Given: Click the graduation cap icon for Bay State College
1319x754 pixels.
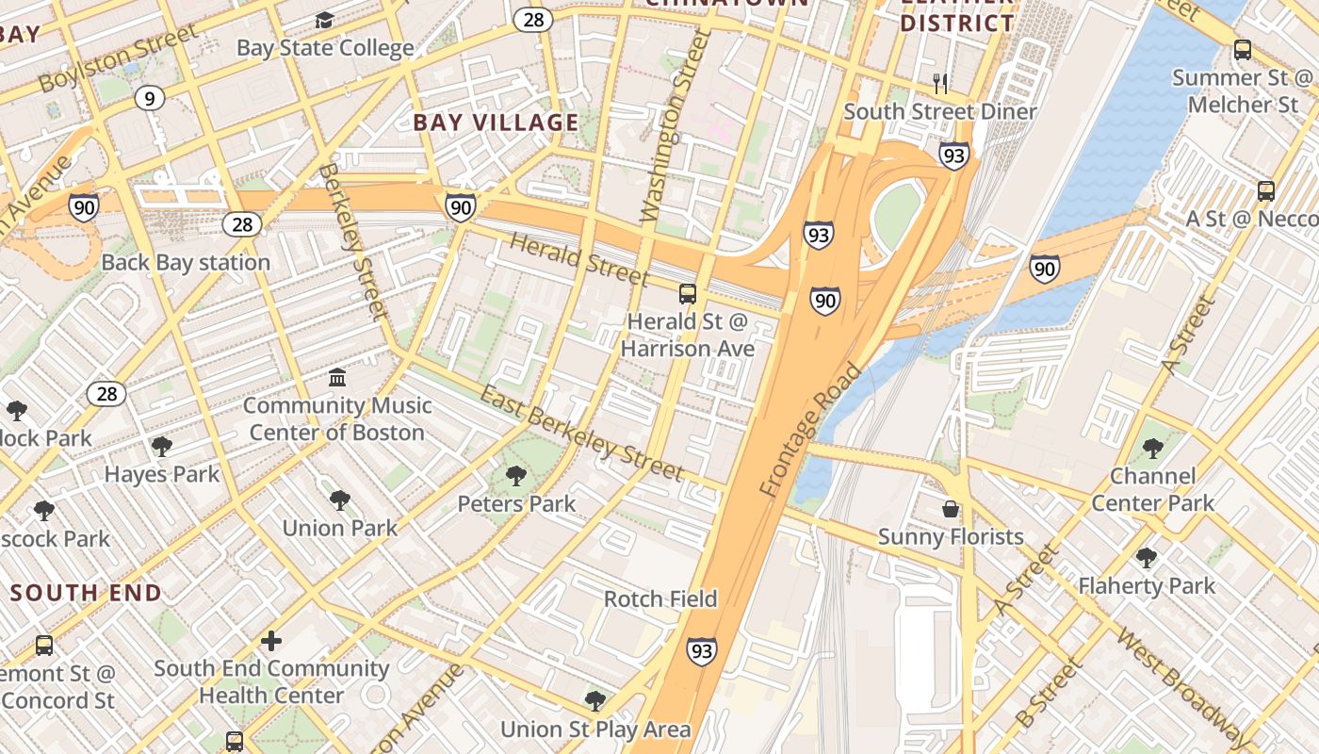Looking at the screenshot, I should point(324,21).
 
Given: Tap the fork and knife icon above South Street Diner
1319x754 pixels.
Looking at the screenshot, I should point(939,84).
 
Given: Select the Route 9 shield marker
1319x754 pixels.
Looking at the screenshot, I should point(149,97).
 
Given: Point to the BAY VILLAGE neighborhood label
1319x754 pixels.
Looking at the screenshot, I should point(496,123).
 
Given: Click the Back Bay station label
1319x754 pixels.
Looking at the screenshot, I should point(186,263).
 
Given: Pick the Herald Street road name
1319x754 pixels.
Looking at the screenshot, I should point(578,258).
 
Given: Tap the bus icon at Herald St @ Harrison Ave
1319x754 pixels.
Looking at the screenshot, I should point(688,294).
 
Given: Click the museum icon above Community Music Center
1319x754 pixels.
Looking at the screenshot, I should point(336,378).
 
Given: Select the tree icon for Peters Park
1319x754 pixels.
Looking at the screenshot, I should point(515,476).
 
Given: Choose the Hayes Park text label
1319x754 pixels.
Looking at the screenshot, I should point(162,474).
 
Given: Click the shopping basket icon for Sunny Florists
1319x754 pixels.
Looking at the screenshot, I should point(951,509).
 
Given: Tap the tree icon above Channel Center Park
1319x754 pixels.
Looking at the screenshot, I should point(1152,448).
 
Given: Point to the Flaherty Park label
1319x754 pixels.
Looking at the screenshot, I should point(1147,586).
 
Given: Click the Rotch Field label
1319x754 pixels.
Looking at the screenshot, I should point(660,599).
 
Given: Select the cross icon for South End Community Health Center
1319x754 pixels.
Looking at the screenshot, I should point(271,642).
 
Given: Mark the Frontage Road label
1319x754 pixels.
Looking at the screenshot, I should point(809,430).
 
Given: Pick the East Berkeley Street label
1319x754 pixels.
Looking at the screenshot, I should point(581,433).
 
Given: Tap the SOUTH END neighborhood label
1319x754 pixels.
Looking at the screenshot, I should point(87,593).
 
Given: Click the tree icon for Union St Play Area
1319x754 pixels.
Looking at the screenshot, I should point(594,700).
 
